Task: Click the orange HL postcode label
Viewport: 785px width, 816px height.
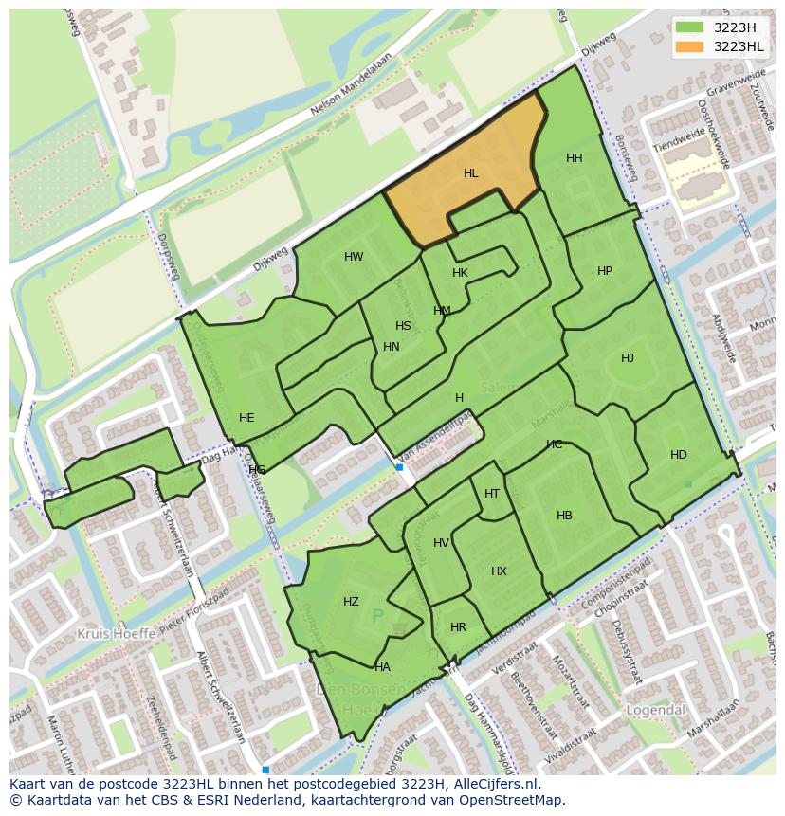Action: click(x=471, y=173)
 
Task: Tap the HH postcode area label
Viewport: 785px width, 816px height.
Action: click(x=575, y=158)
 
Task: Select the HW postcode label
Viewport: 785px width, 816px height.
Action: click(x=354, y=257)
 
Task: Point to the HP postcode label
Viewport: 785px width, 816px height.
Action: click(x=605, y=271)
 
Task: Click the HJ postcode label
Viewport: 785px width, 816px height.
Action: click(x=628, y=358)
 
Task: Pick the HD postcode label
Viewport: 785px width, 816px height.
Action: click(x=679, y=455)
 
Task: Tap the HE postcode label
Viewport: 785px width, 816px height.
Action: click(x=246, y=418)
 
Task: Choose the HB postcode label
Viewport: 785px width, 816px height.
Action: click(x=564, y=516)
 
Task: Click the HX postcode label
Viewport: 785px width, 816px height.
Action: click(x=499, y=571)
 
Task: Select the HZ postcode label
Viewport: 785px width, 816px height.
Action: click(x=351, y=602)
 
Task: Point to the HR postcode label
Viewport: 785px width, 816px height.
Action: click(x=459, y=627)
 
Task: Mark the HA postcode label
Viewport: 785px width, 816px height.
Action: click(x=382, y=667)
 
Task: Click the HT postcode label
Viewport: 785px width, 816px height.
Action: click(x=492, y=494)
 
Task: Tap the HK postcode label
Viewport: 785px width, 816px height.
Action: click(x=461, y=273)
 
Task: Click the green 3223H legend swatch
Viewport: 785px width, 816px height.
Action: click(x=689, y=27)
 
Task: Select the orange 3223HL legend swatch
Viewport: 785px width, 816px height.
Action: click(x=689, y=46)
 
